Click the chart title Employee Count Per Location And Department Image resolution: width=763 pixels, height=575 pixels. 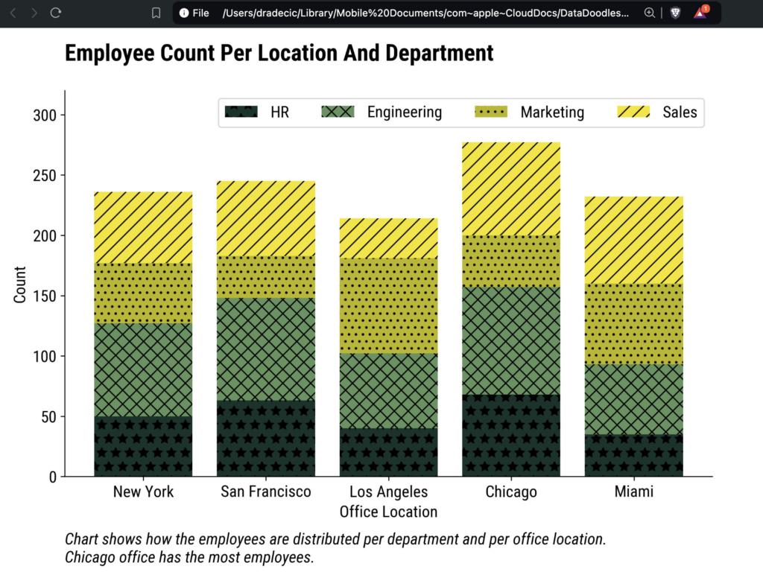(x=279, y=54)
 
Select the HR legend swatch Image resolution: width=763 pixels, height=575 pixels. (x=241, y=112)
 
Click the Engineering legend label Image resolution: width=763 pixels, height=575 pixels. (x=404, y=112)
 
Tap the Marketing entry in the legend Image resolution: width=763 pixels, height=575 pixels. (x=552, y=112)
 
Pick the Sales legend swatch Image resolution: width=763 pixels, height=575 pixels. (x=634, y=112)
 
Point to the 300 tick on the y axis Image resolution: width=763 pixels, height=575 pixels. (x=49, y=115)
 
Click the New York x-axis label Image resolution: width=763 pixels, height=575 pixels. (x=143, y=492)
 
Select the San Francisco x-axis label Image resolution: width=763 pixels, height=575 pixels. (x=266, y=492)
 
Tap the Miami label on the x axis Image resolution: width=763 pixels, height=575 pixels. (x=633, y=492)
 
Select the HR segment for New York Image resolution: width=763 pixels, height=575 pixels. (x=143, y=446)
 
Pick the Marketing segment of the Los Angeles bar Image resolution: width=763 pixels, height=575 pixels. (x=388, y=305)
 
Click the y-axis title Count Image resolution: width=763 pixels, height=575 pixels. (x=20, y=285)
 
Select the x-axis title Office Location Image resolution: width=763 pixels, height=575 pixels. (x=388, y=512)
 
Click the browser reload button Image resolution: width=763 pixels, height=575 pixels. (x=56, y=13)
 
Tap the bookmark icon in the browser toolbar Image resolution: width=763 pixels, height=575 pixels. (x=156, y=13)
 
